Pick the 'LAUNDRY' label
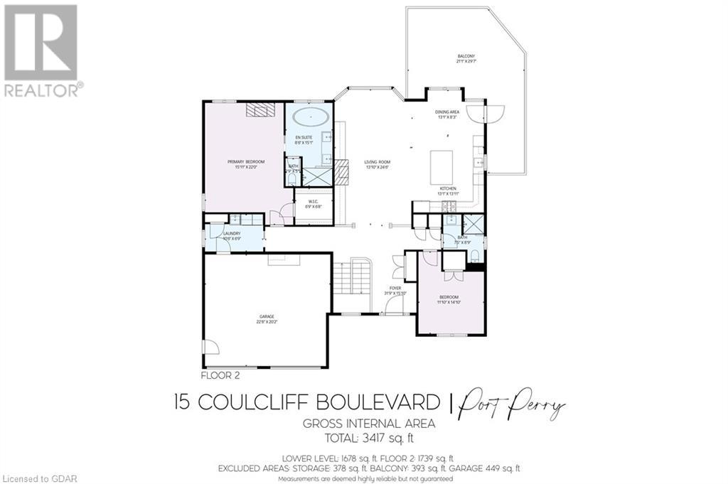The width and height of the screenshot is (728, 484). click(232, 233)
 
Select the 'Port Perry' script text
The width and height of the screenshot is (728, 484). click(513, 405)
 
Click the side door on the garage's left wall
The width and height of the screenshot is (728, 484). click(210, 348)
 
